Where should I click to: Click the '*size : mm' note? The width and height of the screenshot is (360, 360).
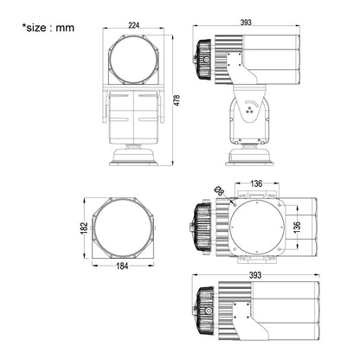[x=48, y=28]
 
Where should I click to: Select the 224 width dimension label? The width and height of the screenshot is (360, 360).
[x=133, y=25]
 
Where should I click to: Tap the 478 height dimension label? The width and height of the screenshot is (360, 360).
[x=177, y=100]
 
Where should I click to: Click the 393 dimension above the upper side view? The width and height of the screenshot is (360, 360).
[x=246, y=22]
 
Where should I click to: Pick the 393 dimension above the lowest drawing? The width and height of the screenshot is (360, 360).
[x=255, y=275]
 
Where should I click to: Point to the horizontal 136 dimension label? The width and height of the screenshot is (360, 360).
[x=256, y=183]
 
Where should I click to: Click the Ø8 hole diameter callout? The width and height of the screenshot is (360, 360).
[x=220, y=191]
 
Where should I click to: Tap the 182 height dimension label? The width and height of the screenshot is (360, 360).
[x=84, y=228]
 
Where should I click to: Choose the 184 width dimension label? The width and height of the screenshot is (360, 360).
[x=122, y=266]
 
